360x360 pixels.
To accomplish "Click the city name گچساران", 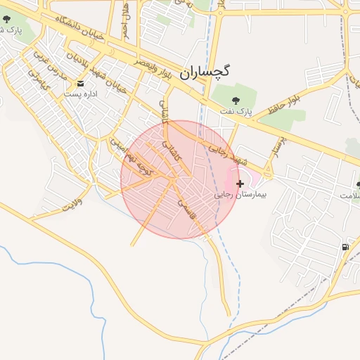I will point(209,72).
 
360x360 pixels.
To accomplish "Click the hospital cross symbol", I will point(240,183).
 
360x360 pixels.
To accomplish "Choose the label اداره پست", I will point(79,94).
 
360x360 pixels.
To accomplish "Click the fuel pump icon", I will point(345,247).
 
